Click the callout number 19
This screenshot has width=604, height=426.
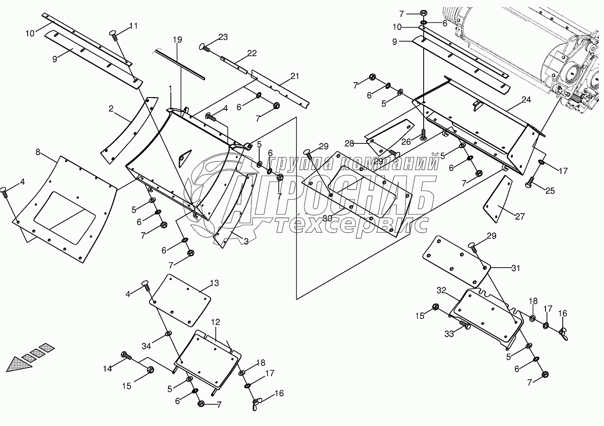(177, 40)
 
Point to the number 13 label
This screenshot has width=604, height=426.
(214, 283)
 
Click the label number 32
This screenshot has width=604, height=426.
(442, 289)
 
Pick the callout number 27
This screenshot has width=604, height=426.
(520, 217)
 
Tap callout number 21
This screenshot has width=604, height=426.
(295, 76)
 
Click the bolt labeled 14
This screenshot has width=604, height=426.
(125, 356)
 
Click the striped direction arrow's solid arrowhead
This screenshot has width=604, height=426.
(19, 362)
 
